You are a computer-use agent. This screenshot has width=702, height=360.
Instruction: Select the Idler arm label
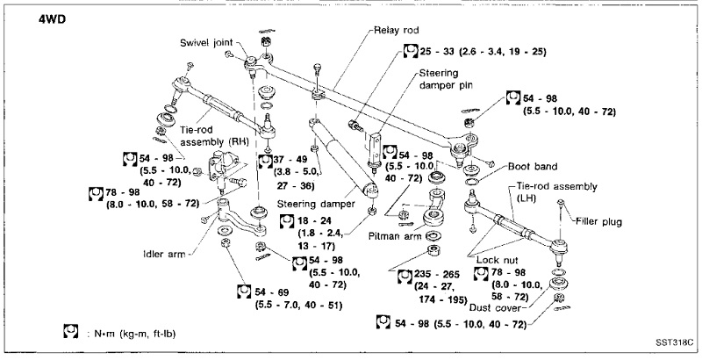(164, 255)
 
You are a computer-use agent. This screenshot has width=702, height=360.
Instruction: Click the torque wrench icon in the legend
(71, 333)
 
